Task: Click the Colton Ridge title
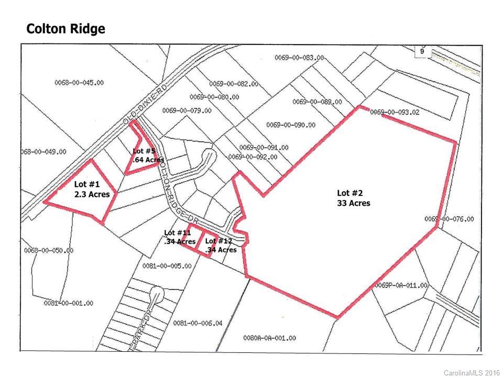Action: (65, 29)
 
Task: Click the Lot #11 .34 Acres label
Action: (180, 237)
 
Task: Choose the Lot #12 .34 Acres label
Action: (221, 246)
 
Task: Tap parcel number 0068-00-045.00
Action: (79, 82)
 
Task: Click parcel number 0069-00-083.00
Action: (299, 58)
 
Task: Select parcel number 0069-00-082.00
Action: (234, 84)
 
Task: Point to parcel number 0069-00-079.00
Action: (187, 110)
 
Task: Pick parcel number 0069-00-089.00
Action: (317, 102)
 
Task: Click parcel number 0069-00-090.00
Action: (291, 125)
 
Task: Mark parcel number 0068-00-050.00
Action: (48, 250)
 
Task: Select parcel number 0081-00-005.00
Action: (167, 266)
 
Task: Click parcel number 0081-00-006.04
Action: (198, 323)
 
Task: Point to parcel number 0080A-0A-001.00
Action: (269, 338)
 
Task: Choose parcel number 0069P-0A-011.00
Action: (401, 285)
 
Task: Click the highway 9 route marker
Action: (422, 51)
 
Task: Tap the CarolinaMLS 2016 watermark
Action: (471, 372)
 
